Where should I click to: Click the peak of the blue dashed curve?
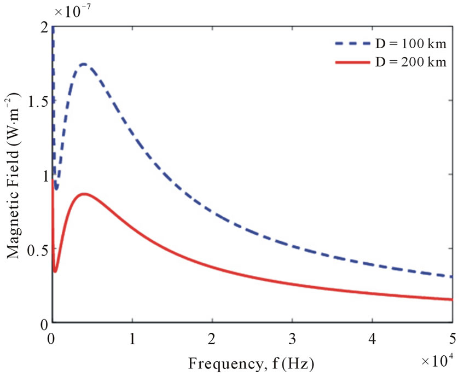tap(84, 64)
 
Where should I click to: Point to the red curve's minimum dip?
tap(55, 271)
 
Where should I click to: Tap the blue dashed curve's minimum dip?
tap(56, 189)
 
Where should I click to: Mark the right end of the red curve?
tap(451, 299)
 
